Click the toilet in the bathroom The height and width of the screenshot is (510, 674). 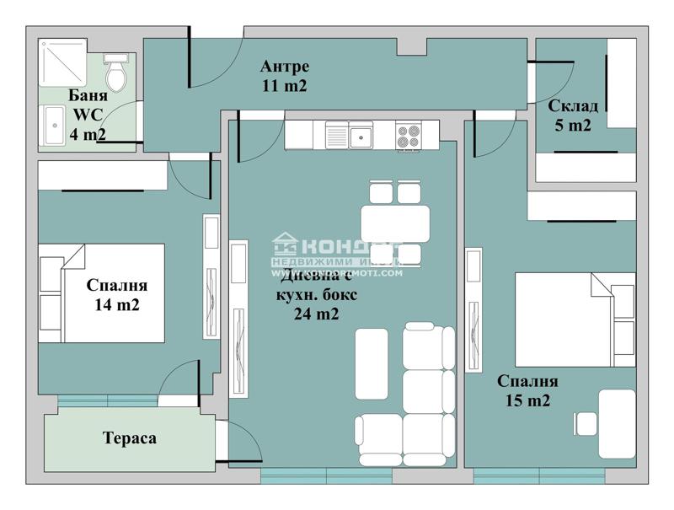click(115, 72)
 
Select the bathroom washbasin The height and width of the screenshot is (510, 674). click(55, 126)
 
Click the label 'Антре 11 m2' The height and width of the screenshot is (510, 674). click(284, 76)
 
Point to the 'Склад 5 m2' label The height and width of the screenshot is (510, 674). click(573, 115)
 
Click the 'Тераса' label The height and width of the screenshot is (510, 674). click(130, 438)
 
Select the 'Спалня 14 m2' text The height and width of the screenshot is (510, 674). click(117, 295)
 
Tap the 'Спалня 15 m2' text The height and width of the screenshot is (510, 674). click(527, 391)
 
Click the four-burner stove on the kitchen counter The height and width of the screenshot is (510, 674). click(409, 136)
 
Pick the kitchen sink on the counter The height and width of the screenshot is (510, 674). click(361, 135)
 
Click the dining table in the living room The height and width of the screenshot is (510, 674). click(395, 223)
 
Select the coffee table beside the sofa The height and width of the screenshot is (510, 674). click(371, 363)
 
